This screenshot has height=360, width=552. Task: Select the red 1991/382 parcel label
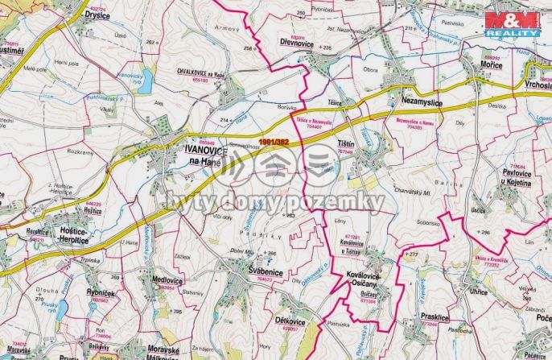pyautogui.click(x=276, y=143)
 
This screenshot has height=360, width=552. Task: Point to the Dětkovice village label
pyautogui.click(x=290, y=320)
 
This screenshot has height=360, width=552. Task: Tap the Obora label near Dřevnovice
pyautogui.click(x=370, y=70)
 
